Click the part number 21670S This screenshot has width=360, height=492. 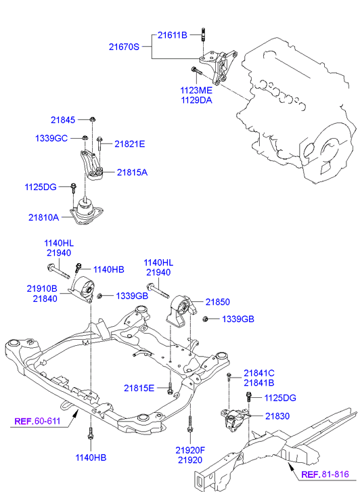124,47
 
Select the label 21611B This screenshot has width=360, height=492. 173,35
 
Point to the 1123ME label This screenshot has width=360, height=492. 196,91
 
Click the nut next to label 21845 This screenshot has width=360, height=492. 93,120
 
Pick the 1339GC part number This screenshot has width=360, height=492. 51,138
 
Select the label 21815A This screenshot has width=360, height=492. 132,173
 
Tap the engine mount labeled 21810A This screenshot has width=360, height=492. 87,211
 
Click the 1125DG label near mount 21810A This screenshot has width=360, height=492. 41,187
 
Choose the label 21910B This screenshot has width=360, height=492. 42,289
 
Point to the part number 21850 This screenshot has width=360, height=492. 218,302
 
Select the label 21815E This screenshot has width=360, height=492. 139,388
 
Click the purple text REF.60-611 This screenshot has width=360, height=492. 37,421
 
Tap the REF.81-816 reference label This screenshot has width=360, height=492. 325,474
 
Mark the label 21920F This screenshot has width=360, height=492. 190,450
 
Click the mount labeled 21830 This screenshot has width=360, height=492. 235,420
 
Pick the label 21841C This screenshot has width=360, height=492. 259,373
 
